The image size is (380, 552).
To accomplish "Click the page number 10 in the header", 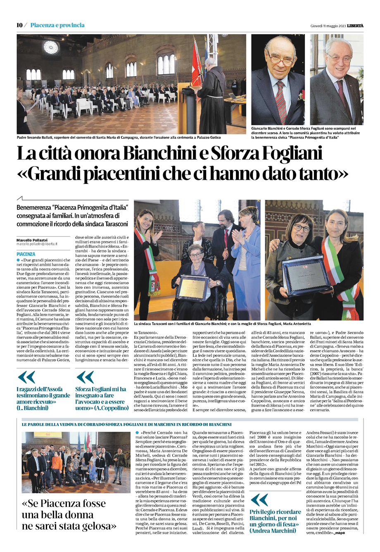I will click(19, 25).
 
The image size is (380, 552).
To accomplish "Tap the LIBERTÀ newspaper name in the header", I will click(355, 26).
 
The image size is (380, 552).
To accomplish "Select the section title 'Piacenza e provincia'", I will click(57, 25).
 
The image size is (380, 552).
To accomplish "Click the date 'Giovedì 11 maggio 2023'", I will click(328, 26).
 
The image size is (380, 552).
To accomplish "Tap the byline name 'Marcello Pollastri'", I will click(32, 240).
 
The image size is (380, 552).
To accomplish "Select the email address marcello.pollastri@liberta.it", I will click(37, 244).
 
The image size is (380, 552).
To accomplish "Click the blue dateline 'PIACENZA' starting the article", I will click(26, 254).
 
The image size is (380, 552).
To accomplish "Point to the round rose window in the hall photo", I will click(51, 47).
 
